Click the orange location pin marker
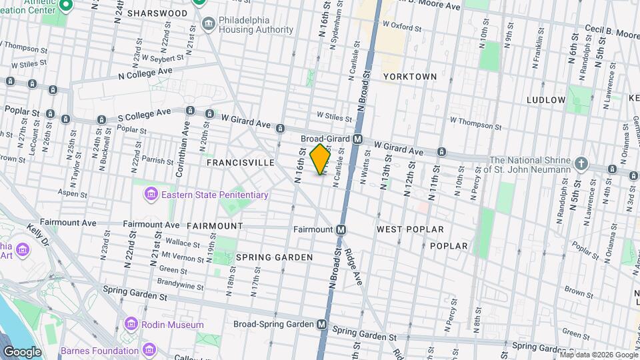coord(321,159)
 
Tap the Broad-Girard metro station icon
coord(358,139)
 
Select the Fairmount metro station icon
coord(341,229)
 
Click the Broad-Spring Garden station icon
coord(322,325)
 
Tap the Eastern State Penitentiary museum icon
coord(151,195)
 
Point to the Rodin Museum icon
coord(131,325)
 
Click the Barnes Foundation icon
coord(149,349)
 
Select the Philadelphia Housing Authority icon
coord(209,24)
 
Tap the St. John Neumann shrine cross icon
coord(582,163)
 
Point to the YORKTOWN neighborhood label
coord(410,77)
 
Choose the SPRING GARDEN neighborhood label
coord(274,257)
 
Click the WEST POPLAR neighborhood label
coord(410,229)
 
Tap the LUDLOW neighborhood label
coord(546,100)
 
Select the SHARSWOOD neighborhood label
coord(157,13)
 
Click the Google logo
coord(22,351)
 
